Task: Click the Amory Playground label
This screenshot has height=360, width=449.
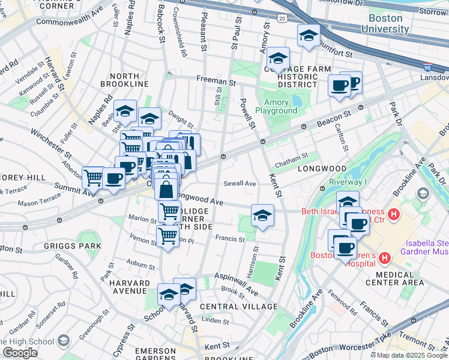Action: tap(276, 106)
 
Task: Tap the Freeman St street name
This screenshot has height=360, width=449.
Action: tap(214, 80)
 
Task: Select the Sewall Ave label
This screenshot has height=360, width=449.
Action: tap(240, 184)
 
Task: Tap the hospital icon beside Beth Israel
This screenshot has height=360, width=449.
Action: tap(394, 214)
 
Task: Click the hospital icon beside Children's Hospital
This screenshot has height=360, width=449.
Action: tap(385, 259)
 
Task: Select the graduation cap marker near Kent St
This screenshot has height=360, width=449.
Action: tap(262, 215)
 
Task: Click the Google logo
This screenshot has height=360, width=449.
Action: tap(20, 353)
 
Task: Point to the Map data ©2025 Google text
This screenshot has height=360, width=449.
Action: tap(412, 355)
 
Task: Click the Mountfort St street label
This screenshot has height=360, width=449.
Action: tap(335, 53)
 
